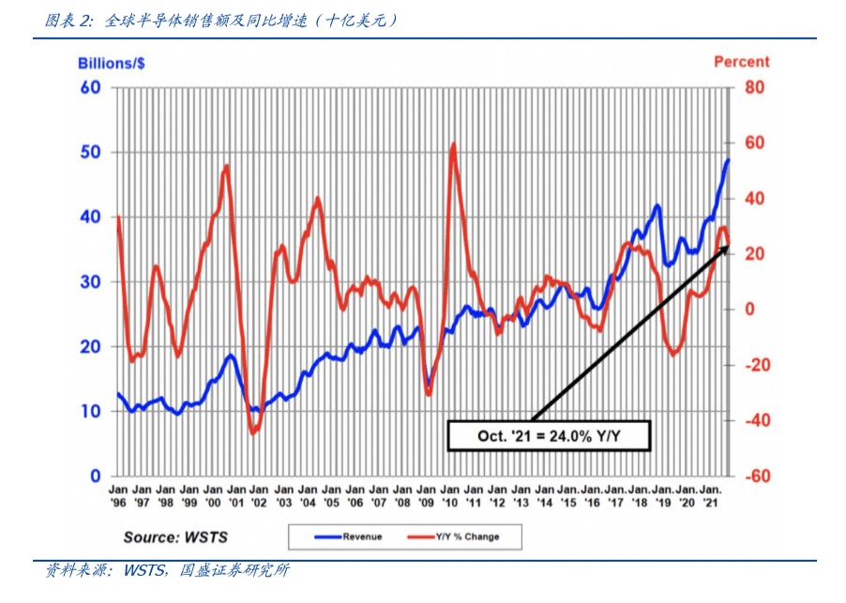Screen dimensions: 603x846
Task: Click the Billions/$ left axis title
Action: pyautogui.click(x=110, y=63)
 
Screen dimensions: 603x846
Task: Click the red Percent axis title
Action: pyautogui.click(x=741, y=62)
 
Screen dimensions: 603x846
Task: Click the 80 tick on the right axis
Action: pyautogui.click(x=755, y=87)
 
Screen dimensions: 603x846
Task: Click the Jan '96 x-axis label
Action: pyautogui.click(x=118, y=495)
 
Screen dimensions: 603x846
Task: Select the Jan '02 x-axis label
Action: pyautogui.click(x=260, y=495)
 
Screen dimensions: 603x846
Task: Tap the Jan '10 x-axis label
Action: pyautogui.click(x=450, y=495)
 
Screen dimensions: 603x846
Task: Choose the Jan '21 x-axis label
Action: pyautogui.click(x=711, y=495)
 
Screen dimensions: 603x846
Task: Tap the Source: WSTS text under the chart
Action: pyautogui.click(x=175, y=536)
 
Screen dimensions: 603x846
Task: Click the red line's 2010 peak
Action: pyautogui.click(x=454, y=144)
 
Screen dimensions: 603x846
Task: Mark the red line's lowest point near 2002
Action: pyautogui.click(x=252, y=432)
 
